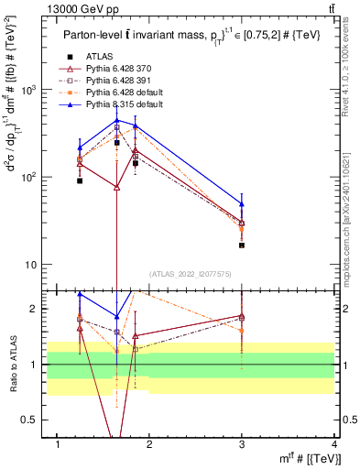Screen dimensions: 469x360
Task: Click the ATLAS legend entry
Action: (99, 56)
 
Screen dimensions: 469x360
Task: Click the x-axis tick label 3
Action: (241, 444)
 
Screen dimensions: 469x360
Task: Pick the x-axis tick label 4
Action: (334, 444)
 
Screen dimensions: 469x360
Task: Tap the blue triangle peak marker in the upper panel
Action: (116, 120)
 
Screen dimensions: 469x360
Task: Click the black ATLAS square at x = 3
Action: (242, 245)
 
